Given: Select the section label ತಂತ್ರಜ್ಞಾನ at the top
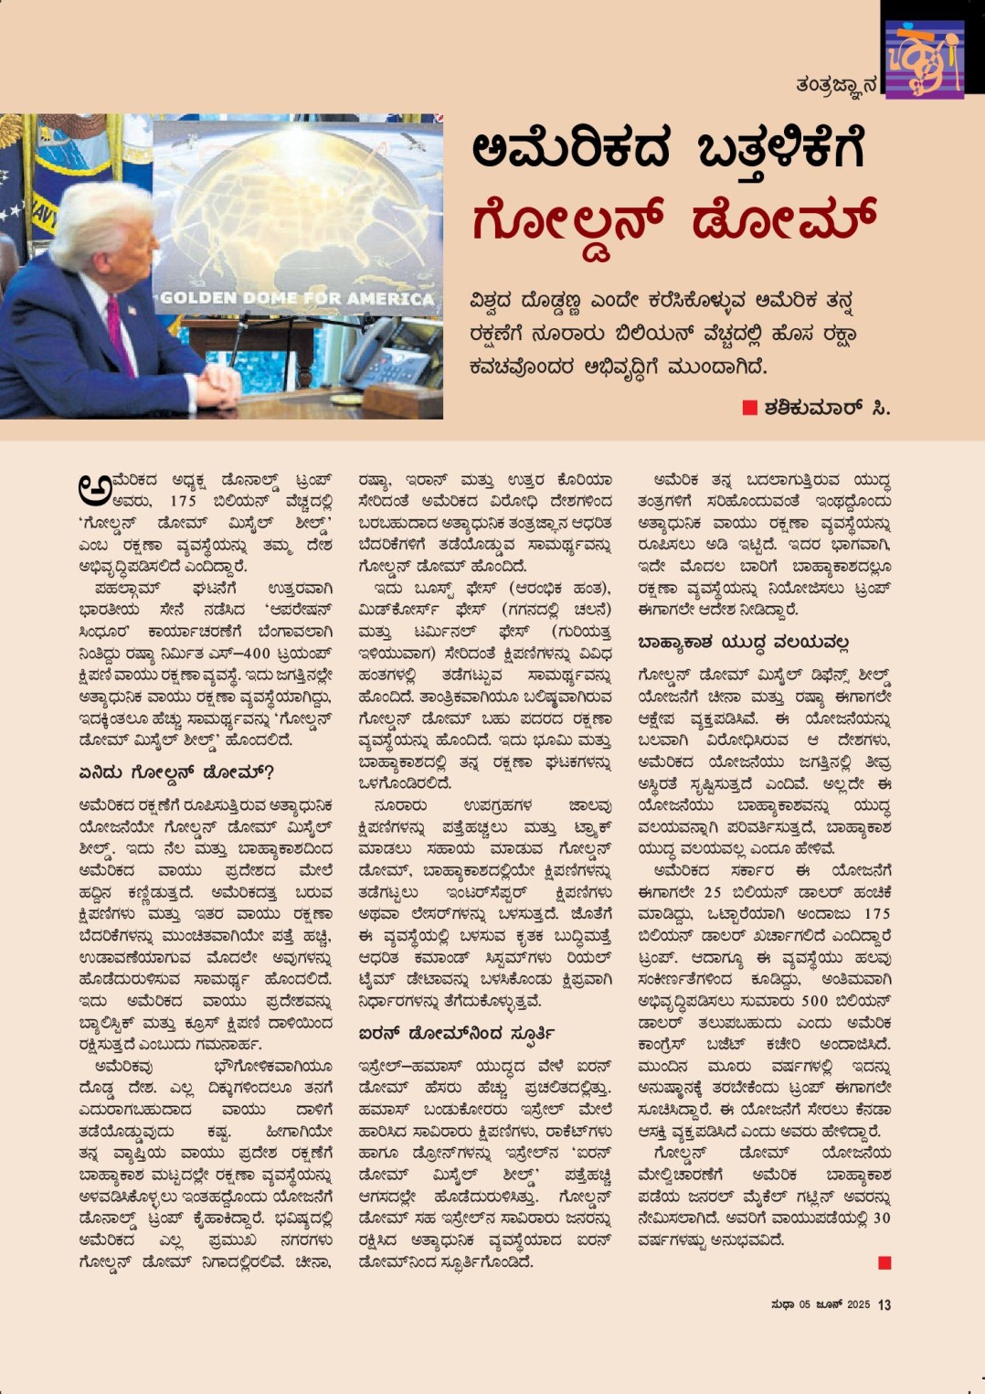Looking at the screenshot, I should pyautogui.click(x=835, y=85).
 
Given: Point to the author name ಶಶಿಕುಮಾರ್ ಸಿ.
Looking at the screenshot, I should pyautogui.click(x=827, y=408).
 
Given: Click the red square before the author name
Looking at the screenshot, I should pyautogui.click(x=750, y=408).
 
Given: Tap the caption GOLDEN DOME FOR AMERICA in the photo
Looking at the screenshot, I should pyautogui.click(x=297, y=298).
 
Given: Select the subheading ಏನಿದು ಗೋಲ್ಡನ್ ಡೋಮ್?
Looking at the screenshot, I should pyautogui.click(x=175, y=772).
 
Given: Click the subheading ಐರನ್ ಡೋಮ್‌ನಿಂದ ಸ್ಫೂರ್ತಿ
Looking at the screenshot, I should pyautogui.click(x=458, y=1034).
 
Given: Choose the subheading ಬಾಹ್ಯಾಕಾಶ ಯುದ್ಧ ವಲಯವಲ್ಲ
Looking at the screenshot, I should pyautogui.click(x=743, y=643).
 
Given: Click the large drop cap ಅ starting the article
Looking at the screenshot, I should pyautogui.click(x=94, y=490).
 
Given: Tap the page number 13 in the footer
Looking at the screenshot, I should pyautogui.click(x=884, y=1304).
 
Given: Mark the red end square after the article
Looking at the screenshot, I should pyautogui.click(x=884, y=1262).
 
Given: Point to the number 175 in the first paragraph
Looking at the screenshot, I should pyautogui.click(x=183, y=501).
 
